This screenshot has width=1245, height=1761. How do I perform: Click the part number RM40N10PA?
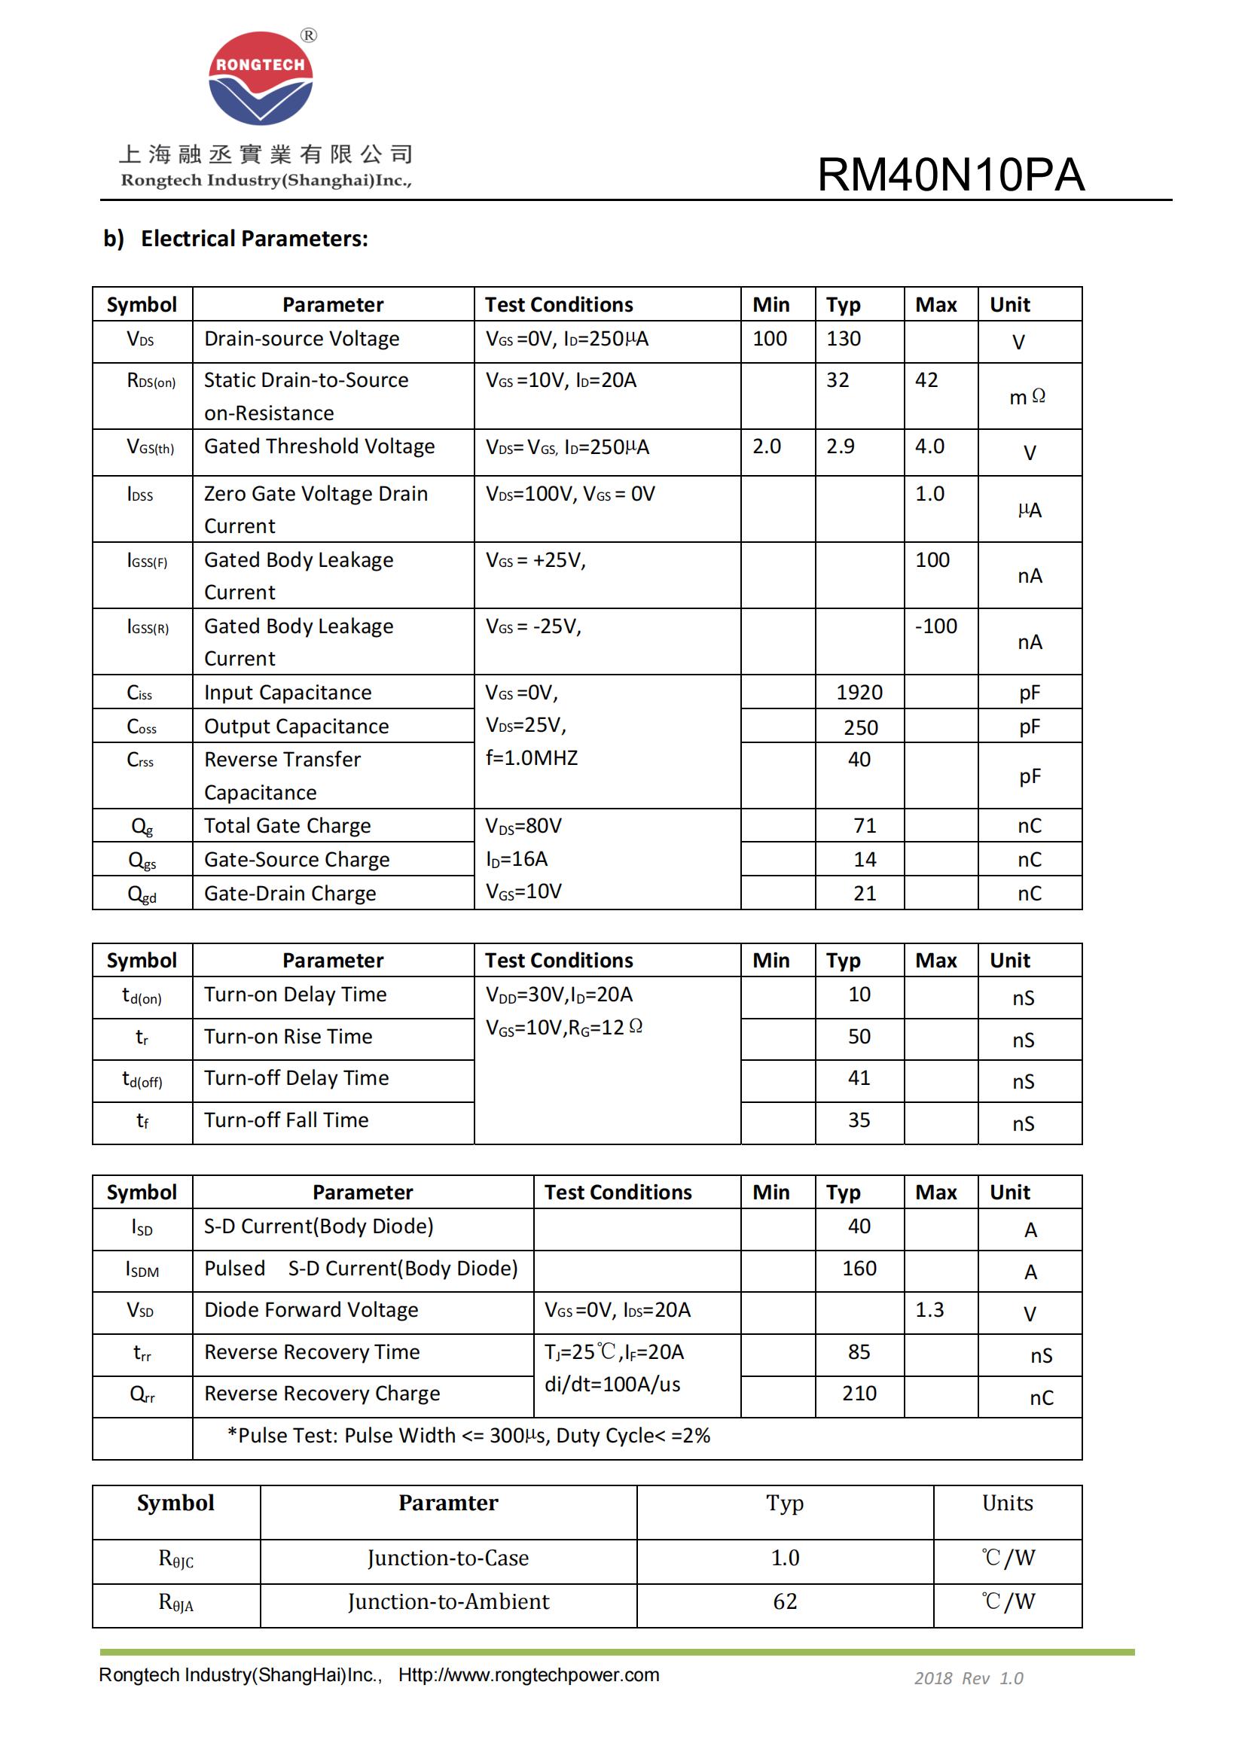click(951, 175)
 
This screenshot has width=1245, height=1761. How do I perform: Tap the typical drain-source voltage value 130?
click(843, 339)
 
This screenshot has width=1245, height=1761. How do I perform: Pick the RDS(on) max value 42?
click(926, 380)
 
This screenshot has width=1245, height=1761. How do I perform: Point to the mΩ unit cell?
click(1027, 397)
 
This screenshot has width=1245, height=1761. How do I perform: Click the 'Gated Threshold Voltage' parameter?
click(319, 446)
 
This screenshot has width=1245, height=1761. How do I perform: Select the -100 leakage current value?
click(936, 626)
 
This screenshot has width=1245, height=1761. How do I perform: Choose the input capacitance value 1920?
click(859, 693)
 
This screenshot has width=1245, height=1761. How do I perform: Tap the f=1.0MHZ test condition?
click(532, 759)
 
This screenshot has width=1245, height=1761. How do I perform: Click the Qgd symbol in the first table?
click(142, 894)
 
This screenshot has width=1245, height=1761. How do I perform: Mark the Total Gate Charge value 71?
click(865, 826)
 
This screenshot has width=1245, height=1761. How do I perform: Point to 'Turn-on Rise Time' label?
click(288, 1037)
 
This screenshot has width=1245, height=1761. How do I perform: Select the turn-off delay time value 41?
click(859, 1078)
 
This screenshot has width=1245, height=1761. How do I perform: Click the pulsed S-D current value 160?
click(859, 1269)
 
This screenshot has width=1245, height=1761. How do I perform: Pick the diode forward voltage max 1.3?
click(929, 1310)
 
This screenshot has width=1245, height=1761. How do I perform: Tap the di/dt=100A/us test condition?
click(612, 1385)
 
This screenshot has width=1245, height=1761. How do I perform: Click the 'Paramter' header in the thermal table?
click(448, 1504)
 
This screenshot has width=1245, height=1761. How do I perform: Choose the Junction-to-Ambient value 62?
click(785, 1601)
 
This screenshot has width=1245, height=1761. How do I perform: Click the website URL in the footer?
click(529, 1675)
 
